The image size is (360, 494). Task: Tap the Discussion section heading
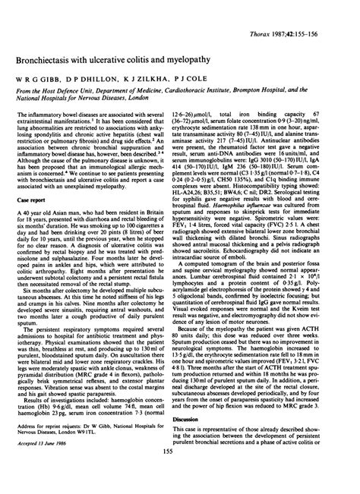click(x=197, y=419)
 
